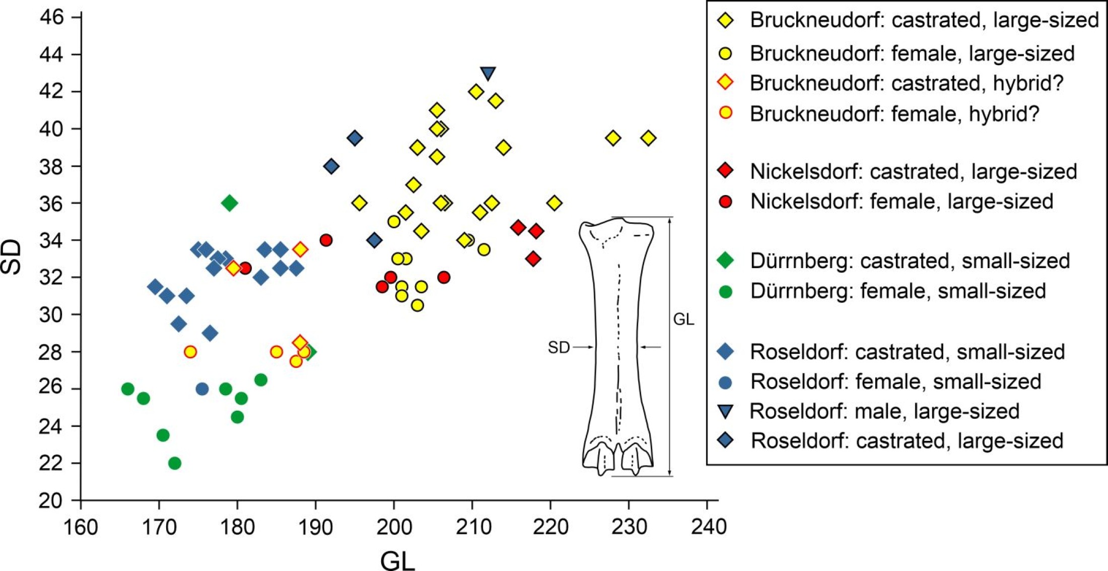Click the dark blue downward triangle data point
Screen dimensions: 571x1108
488,74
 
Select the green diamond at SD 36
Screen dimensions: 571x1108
230,203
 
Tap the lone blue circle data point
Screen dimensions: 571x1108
202,389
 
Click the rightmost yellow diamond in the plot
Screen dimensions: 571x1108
649,138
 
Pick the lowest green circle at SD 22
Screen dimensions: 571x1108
175,463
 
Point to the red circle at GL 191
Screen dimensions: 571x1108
326,240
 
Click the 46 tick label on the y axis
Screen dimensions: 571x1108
52,18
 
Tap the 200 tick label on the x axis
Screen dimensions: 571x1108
394,527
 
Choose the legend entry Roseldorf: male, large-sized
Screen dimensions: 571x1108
884,411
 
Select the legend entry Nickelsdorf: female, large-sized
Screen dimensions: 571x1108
902,202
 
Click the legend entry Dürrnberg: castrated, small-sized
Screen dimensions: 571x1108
910,261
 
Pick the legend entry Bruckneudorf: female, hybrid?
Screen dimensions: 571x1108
894,114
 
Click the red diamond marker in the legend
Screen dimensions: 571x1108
726,171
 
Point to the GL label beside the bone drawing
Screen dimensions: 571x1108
683,319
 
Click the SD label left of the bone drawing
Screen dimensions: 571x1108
559,347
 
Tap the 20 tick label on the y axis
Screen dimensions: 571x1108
52,500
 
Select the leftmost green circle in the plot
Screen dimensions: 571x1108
128,389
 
